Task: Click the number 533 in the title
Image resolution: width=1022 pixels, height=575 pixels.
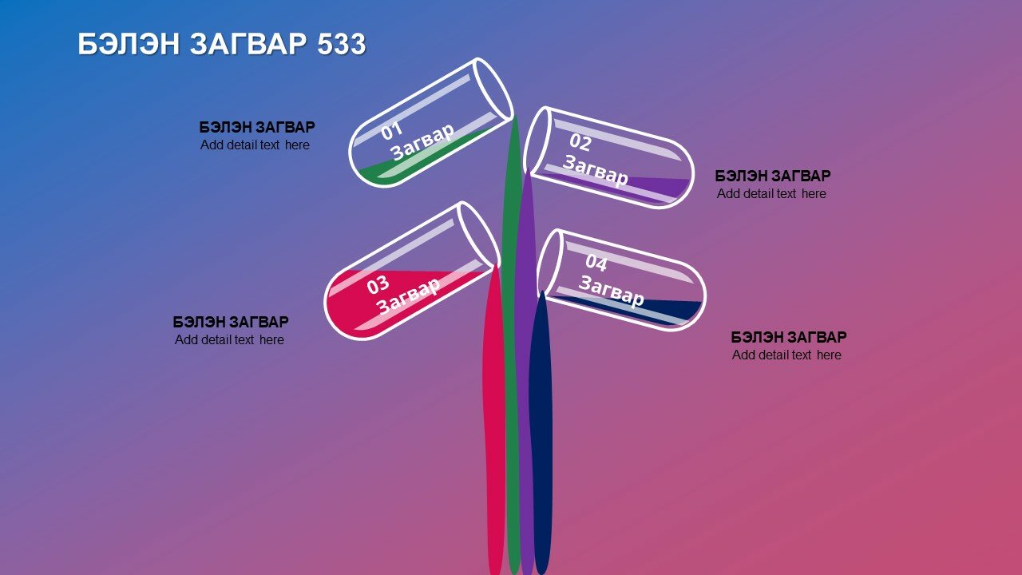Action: [341, 44]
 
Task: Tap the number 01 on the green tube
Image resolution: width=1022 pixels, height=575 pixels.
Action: [392, 131]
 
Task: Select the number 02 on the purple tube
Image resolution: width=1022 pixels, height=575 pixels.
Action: [580, 142]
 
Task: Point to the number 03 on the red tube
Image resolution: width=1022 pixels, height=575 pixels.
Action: [378, 285]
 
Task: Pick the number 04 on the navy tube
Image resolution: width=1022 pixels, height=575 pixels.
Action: [596, 263]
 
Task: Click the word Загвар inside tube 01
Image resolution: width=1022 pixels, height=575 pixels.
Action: [423, 141]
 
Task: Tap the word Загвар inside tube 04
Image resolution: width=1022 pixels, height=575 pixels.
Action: [612, 291]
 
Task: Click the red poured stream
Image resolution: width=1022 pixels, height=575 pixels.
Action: [494, 420]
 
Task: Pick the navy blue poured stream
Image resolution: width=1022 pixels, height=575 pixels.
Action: [541, 434]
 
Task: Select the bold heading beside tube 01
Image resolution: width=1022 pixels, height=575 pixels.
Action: [257, 127]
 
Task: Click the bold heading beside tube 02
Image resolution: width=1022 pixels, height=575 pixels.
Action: [772, 176]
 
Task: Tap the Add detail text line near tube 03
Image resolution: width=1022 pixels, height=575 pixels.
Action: [229, 340]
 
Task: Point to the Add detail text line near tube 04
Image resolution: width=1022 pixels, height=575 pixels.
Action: [786, 355]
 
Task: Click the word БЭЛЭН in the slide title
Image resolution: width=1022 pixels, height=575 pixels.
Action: [129, 44]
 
